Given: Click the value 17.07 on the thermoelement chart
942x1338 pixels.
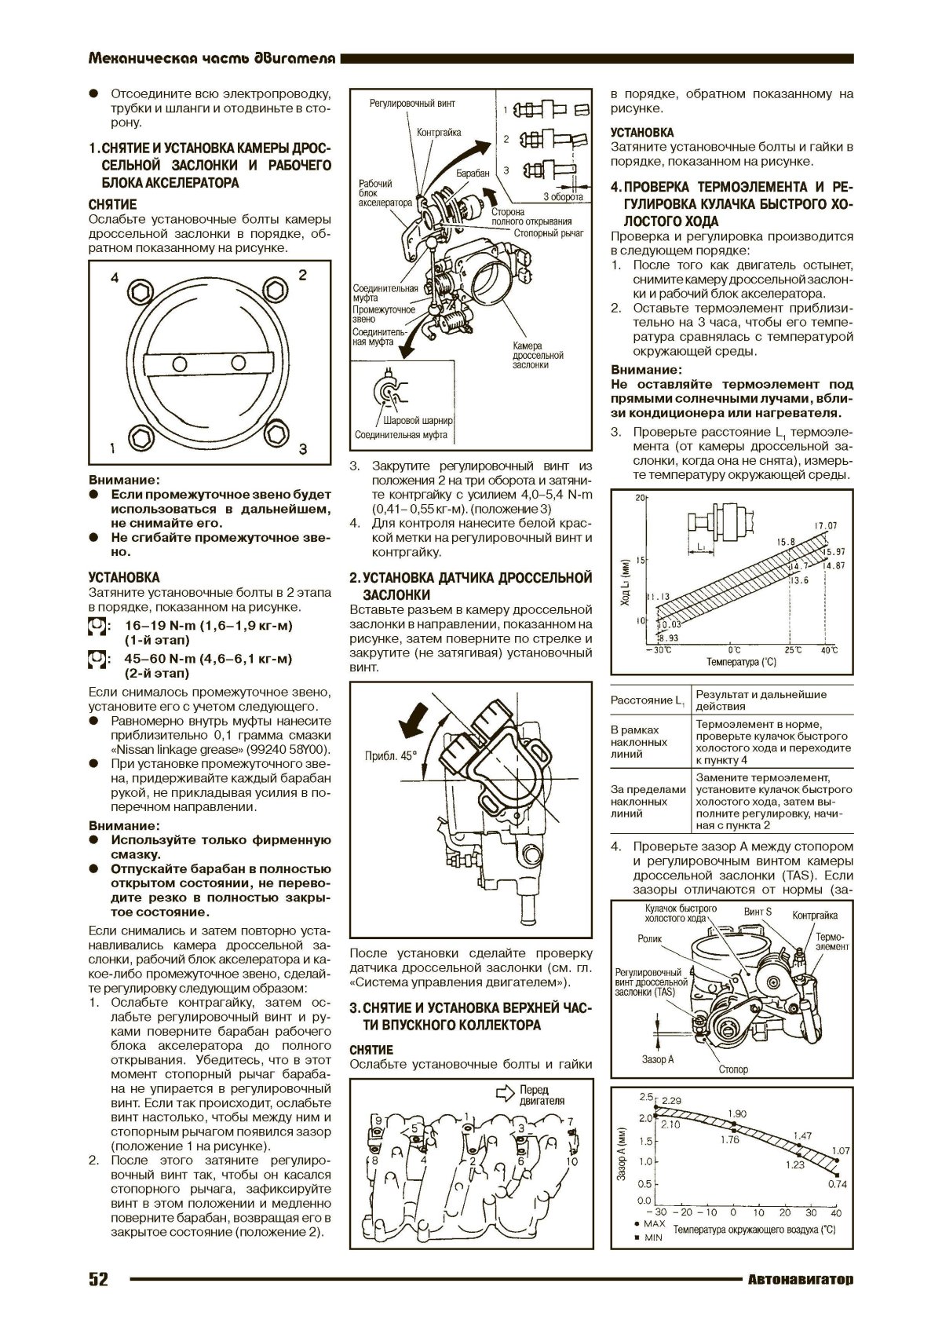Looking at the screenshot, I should click(826, 525).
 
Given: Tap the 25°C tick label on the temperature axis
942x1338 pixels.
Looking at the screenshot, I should click(794, 650).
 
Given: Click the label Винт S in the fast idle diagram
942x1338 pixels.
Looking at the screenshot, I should click(758, 912).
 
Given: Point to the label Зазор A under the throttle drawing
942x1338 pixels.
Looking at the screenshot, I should click(658, 1059).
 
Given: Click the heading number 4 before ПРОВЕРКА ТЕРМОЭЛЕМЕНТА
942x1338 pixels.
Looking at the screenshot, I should click(615, 187).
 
